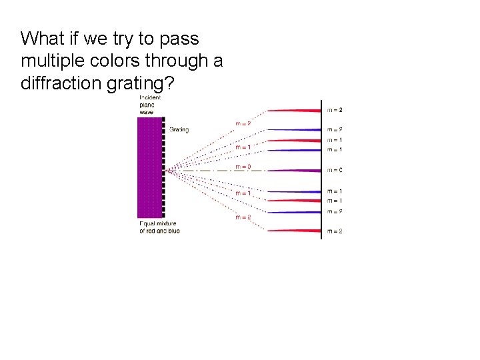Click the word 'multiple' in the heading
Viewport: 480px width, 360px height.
click(x=50, y=61)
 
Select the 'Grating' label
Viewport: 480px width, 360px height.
click(x=179, y=130)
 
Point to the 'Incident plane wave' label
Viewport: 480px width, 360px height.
click(x=149, y=105)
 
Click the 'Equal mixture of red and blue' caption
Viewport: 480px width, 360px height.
click(x=159, y=227)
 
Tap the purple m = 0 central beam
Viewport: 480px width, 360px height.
click(x=297, y=171)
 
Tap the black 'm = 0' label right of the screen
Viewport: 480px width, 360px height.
click(x=335, y=171)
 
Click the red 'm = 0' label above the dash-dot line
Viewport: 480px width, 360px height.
click(x=243, y=166)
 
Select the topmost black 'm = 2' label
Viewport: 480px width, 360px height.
click(x=335, y=110)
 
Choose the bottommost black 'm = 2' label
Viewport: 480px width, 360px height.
click(x=335, y=231)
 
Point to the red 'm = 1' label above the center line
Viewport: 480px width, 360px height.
click(x=243, y=147)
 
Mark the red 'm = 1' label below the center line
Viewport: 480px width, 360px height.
click(x=243, y=193)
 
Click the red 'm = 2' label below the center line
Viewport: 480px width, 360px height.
click(x=243, y=217)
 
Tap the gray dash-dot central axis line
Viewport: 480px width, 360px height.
click(x=213, y=171)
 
